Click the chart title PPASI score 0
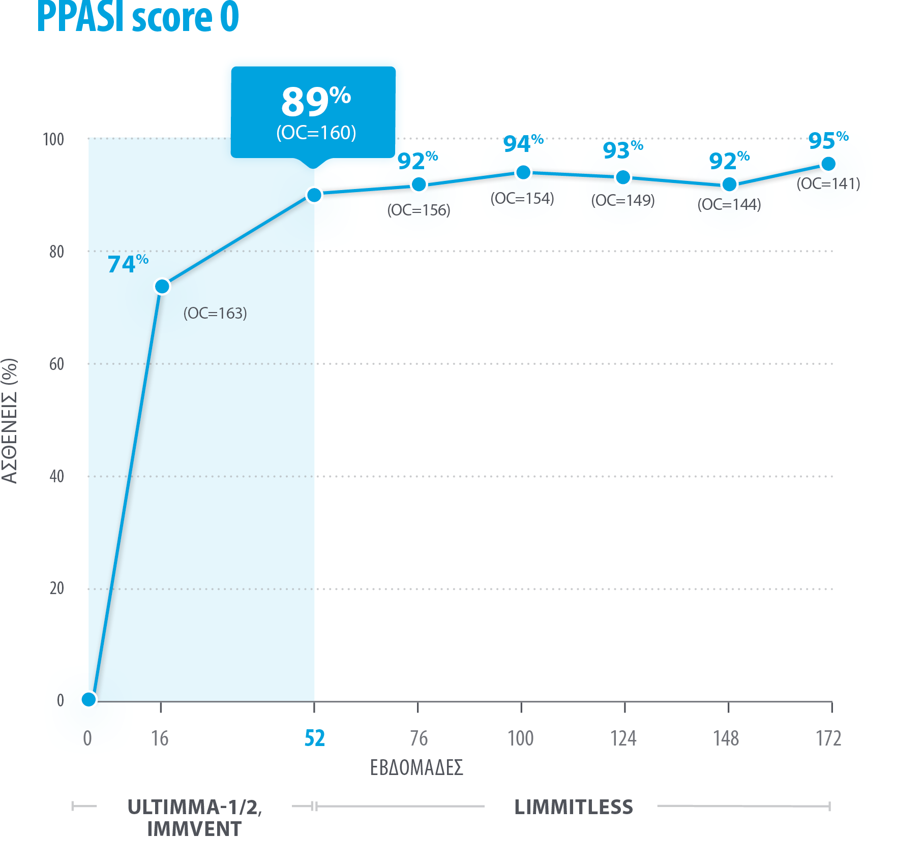(x=138, y=17)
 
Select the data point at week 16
(x=162, y=287)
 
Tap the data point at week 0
(x=89, y=699)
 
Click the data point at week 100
(x=523, y=173)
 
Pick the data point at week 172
(x=828, y=164)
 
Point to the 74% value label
(x=128, y=264)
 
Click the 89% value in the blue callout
(x=316, y=101)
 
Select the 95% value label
(x=828, y=140)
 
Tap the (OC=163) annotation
(x=215, y=313)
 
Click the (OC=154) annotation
(x=522, y=198)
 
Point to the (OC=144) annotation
(x=729, y=204)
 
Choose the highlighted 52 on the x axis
(x=314, y=738)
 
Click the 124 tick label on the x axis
(x=623, y=738)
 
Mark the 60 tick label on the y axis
(x=56, y=364)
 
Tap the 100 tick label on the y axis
(x=53, y=139)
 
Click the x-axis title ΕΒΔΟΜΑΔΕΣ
(x=416, y=767)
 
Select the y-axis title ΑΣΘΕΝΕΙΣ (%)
(x=10, y=421)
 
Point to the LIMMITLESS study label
(x=574, y=807)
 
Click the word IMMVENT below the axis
(x=194, y=829)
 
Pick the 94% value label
(x=523, y=144)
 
